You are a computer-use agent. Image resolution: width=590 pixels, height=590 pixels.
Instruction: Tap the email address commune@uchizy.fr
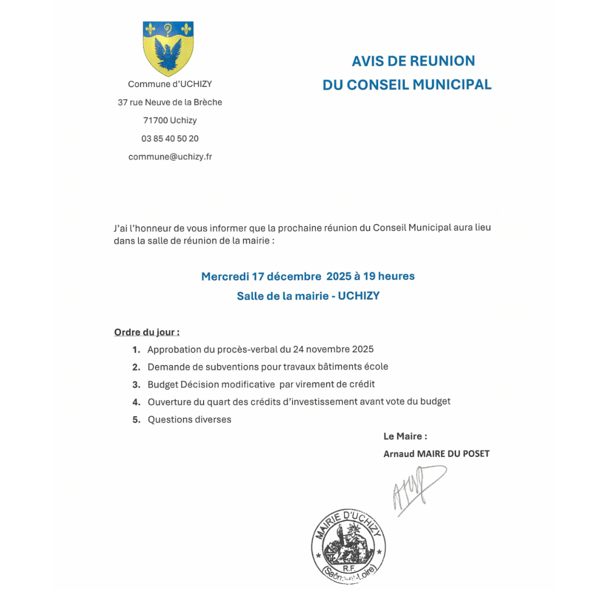170,157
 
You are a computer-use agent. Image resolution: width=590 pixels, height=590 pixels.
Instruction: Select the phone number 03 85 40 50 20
170,139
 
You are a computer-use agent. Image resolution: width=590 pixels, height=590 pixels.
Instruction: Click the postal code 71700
155,121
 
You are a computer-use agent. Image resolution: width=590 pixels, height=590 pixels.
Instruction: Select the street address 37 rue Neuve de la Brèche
170,103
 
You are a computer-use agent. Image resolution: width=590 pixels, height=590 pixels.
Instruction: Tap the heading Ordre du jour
146,332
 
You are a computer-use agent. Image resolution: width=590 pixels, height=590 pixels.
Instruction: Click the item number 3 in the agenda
136,385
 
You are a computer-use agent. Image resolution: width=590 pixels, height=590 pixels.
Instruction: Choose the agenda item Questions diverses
189,420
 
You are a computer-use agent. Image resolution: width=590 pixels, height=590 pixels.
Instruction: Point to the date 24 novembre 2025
333,349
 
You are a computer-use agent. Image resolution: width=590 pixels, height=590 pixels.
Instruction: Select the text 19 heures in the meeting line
389,276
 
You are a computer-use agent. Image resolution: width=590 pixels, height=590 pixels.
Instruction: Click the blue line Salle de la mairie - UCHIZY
308,296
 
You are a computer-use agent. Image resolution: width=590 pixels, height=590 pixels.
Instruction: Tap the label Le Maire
405,436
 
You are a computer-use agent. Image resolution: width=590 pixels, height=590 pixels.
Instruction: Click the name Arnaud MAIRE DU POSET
436,454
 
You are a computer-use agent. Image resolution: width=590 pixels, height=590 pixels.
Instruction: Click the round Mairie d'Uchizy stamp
349,546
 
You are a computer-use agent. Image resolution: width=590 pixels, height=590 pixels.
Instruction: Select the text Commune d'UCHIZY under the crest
170,84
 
